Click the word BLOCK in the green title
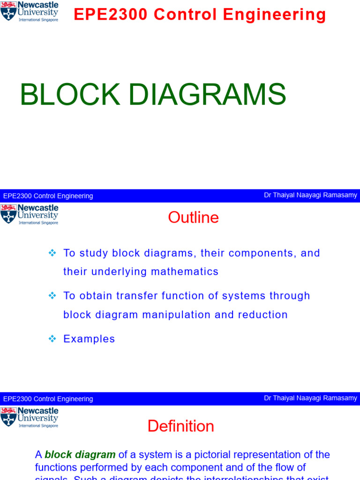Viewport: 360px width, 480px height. (x=70, y=95)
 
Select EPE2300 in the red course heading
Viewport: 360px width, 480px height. (x=111, y=15)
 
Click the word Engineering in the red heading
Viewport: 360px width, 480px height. (x=275, y=15)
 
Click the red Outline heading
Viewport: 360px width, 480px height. (x=193, y=217)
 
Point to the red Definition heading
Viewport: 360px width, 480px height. (x=180, y=426)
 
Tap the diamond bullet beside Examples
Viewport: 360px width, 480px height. (x=52, y=339)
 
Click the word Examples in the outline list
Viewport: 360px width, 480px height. (x=89, y=339)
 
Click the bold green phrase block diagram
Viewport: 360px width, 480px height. (x=80, y=455)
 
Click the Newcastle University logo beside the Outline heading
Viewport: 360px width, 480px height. (x=30, y=214)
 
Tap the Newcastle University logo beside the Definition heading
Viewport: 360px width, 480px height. (x=30, y=417)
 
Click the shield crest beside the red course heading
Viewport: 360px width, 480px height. (x=8, y=11)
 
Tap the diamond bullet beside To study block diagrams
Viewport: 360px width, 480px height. (x=52, y=253)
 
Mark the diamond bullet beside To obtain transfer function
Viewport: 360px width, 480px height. (x=52, y=296)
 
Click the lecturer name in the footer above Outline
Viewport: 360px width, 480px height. (x=310, y=195)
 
